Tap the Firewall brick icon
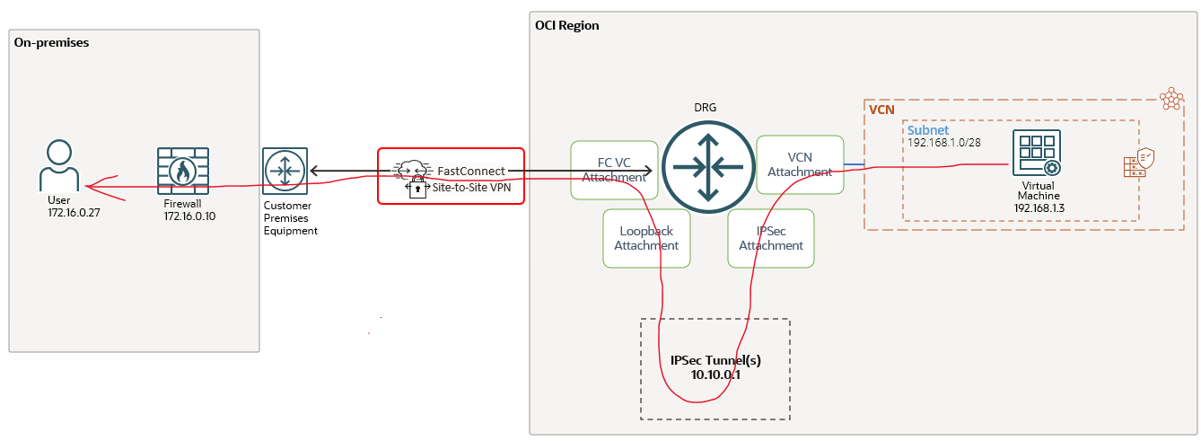[182, 172]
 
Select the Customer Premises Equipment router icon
[285, 171]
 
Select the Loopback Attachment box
[646, 238]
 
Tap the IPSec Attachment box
[771, 238]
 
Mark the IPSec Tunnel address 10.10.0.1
[715, 375]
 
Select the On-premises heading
[51, 42]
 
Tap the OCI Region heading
[566, 25]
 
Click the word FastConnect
[470, 171]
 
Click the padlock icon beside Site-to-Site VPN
[416, 188]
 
